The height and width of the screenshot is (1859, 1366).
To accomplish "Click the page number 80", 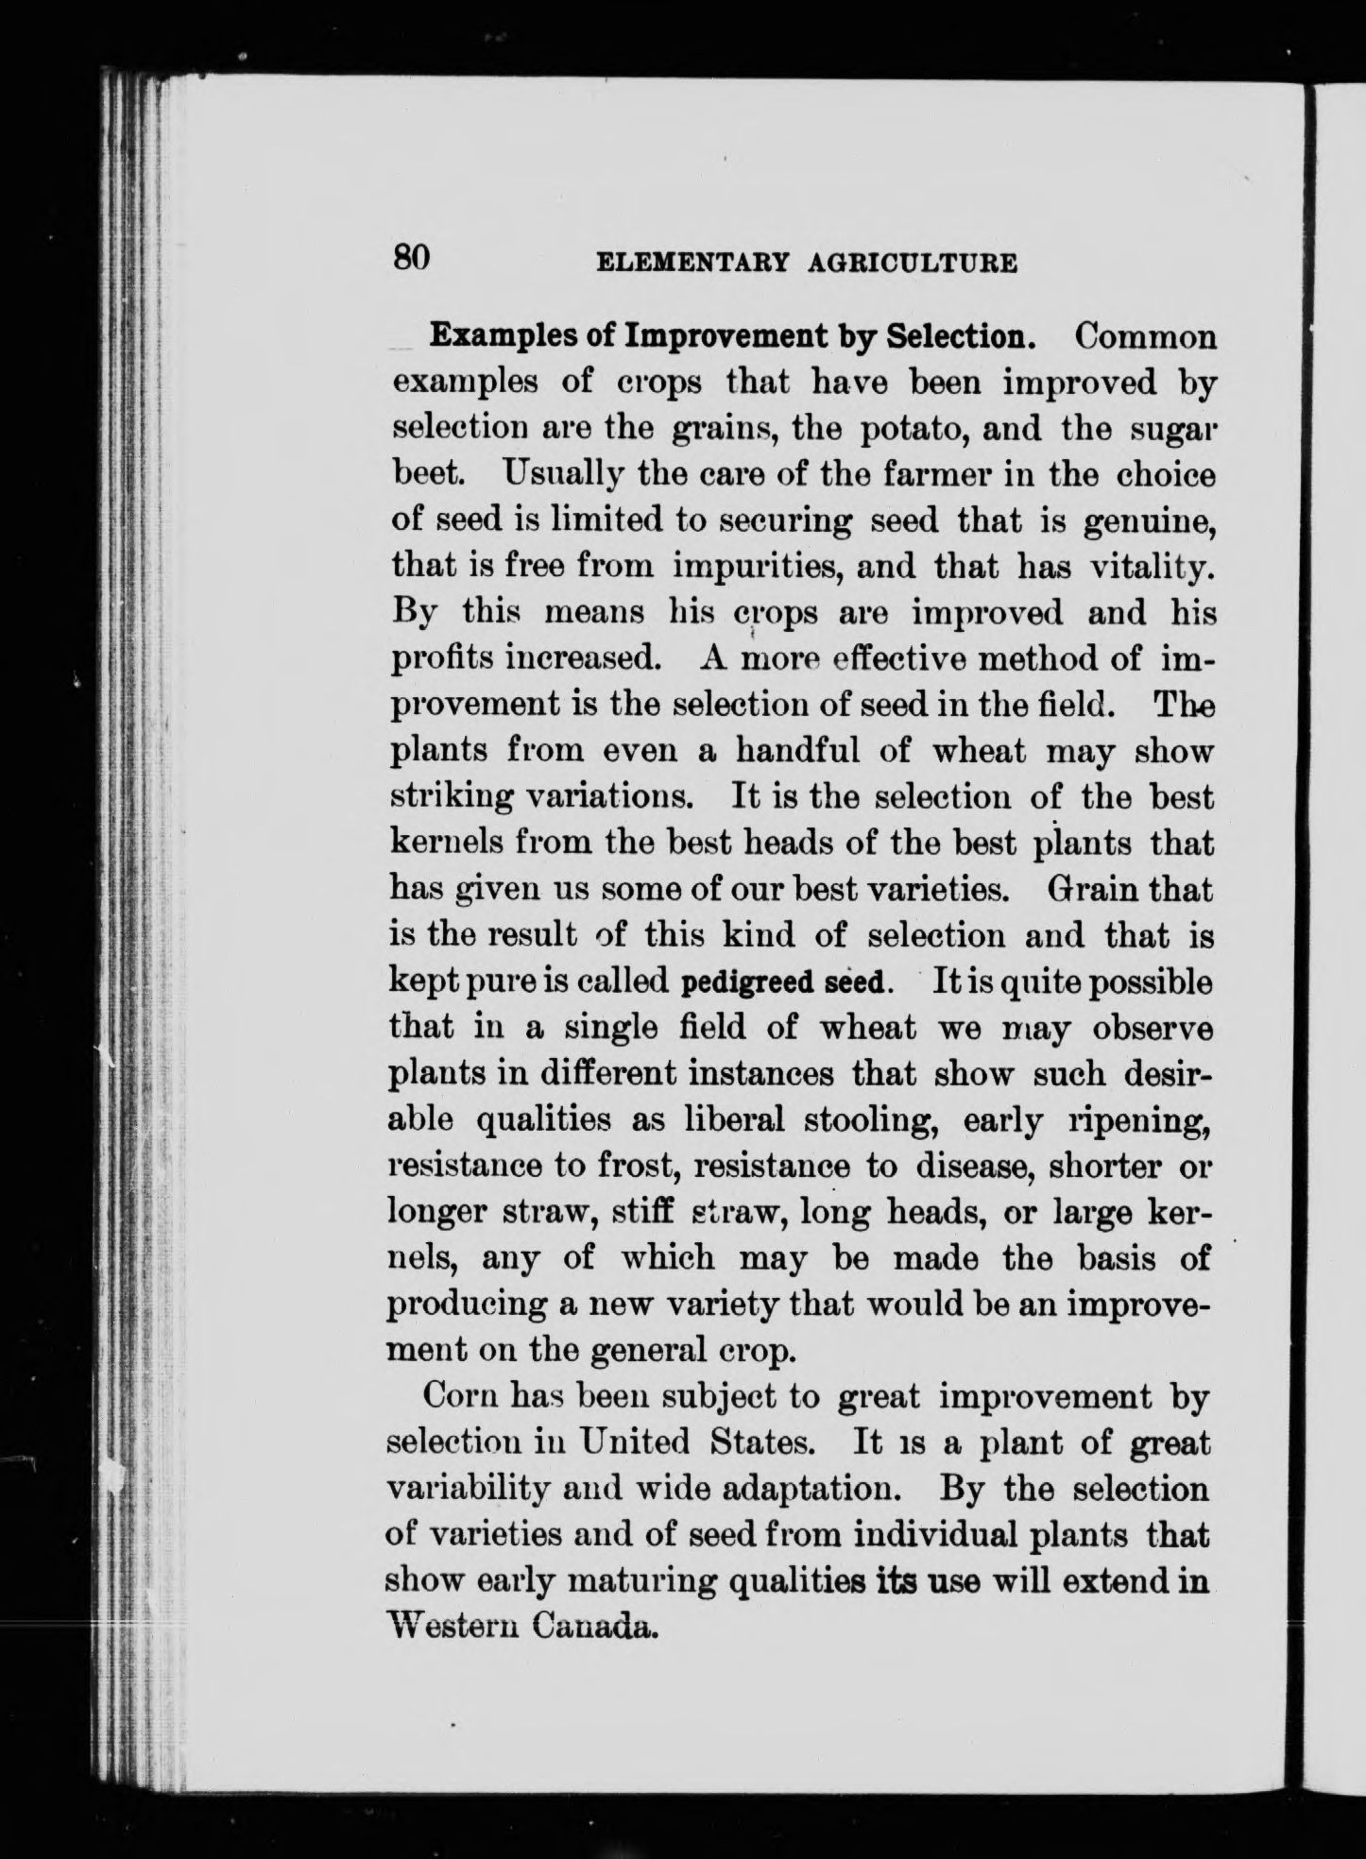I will point(411,256).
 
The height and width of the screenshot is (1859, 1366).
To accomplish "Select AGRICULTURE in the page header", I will point(914,264).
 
